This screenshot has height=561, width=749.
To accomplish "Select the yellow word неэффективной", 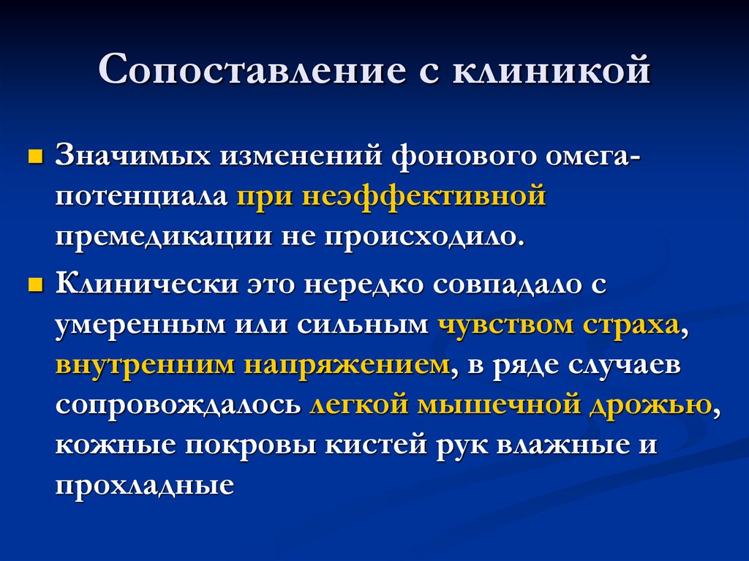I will tap(425, 197).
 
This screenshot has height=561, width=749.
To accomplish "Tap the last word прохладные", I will tap(144, 485).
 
